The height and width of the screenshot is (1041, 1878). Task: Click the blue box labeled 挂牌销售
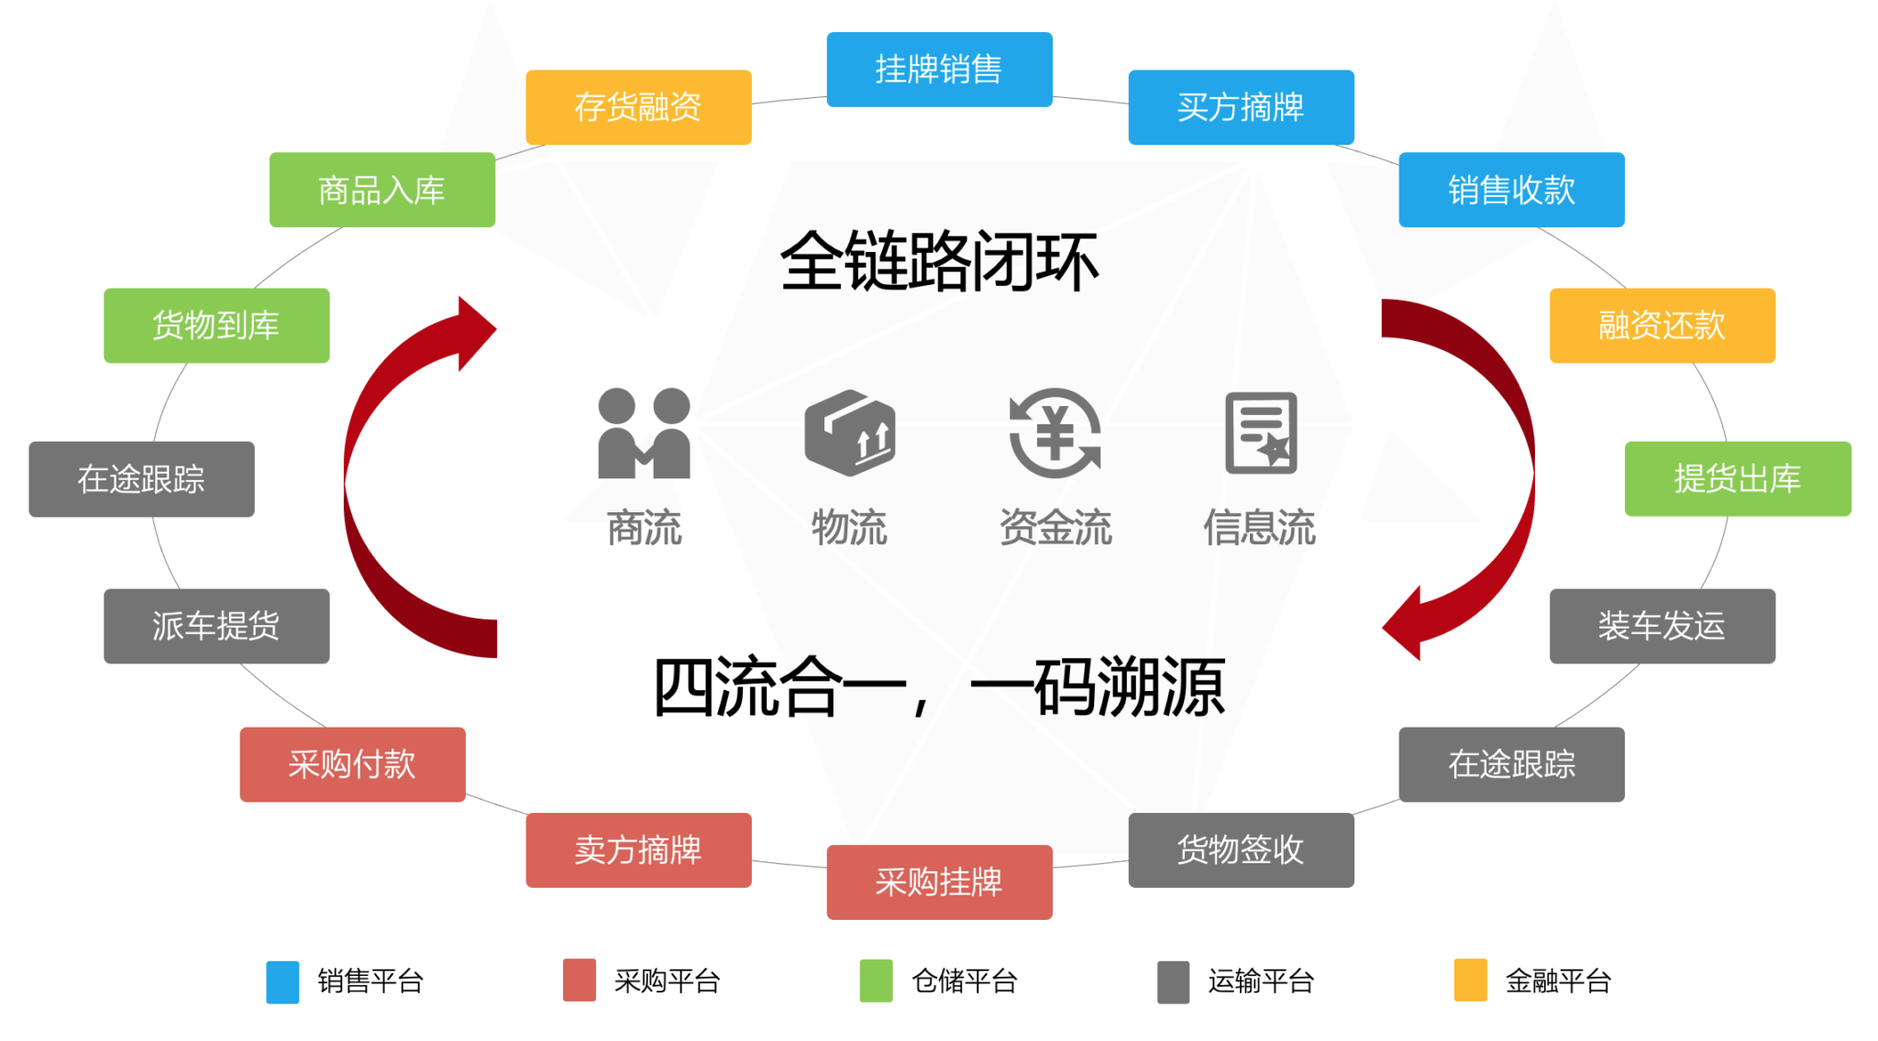pyautogui.click(x=939, y=70)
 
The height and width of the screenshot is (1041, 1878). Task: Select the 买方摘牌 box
pyautogui.click(x=1241, y=107)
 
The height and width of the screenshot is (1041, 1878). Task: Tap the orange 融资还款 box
pyautogui.click(x=1662, y=325)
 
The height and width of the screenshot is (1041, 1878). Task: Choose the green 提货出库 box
pyautogui.click(x=1738, y=478)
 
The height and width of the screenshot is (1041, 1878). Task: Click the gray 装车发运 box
pyautogui.click(x=1662, y=626)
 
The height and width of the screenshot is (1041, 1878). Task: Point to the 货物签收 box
pyautogui.click(x=1241, y=849)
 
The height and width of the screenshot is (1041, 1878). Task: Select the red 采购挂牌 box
pyautogui.click(x=939, y=882)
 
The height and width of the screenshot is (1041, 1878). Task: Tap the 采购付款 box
pyautogui.click(x=352, y=764)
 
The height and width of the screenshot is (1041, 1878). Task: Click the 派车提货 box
pyautogui.click(x=216, y=626)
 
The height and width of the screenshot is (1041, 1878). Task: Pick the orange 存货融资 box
pyautogui.click(x=638, y=107)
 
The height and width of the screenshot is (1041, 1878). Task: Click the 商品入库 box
pyautogui.click(x=381, y=190)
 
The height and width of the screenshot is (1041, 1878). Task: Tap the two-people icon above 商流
pyautogui.click(x=644, y=433)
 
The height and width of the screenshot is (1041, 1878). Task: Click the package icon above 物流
pyautogui.click(x=849, y=433)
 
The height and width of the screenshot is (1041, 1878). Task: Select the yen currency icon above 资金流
pyautogui.click(x=1055, y=433)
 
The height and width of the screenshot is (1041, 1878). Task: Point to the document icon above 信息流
pyautogui.click(x=1261, y=433)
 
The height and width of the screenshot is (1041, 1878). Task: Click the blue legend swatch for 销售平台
pyautogui.click(x=282, y=981)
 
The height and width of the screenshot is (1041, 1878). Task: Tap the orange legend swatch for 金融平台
pyautogui.click(x=1470, y=981)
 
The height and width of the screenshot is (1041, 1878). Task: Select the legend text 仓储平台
pyautogui.click(x=964, y=981)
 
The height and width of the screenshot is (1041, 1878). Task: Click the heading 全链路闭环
pyautogui.click(x=939, y=262)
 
